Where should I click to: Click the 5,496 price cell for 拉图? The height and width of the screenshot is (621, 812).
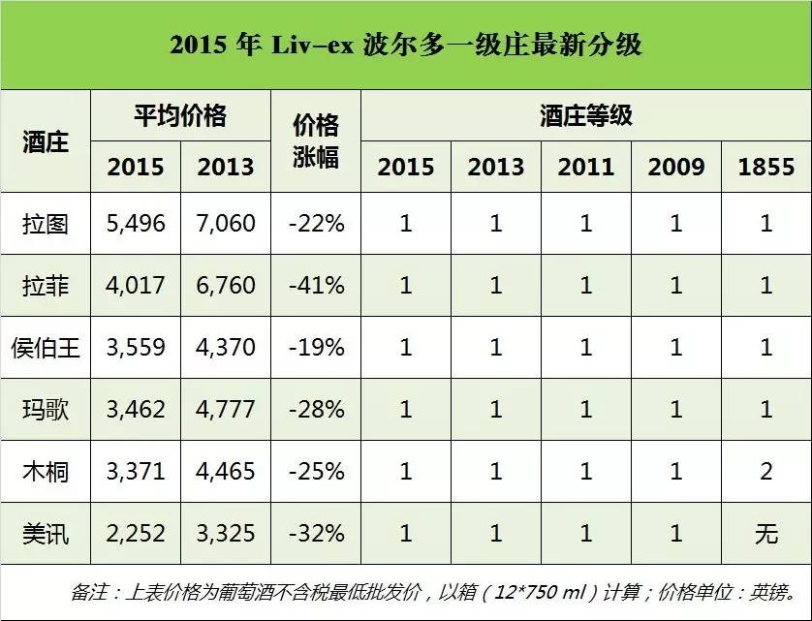[136, 224]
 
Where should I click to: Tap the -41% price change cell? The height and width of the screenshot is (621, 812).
[316, 286]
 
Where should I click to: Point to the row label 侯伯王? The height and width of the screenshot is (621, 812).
[45, 348]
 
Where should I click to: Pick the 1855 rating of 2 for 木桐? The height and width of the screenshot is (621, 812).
[766, 472]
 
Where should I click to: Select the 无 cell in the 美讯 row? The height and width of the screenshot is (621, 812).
[766, 534]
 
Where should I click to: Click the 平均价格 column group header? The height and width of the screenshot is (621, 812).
[180, 116]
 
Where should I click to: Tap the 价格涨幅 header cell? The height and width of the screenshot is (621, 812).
[316, 140]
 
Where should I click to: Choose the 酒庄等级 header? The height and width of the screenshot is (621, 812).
[585, 116]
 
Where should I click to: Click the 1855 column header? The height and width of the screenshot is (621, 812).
[766, 166]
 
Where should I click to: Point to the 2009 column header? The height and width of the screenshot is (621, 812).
[676, 166]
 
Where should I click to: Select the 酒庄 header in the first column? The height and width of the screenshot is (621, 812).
[45, 141]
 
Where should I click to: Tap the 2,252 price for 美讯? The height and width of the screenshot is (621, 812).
[136, 534]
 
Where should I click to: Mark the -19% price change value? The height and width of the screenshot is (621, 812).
[316, 348]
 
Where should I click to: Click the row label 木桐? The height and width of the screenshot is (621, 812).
[45, 472]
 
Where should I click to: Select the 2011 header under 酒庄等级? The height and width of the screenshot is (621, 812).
[585, 166]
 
